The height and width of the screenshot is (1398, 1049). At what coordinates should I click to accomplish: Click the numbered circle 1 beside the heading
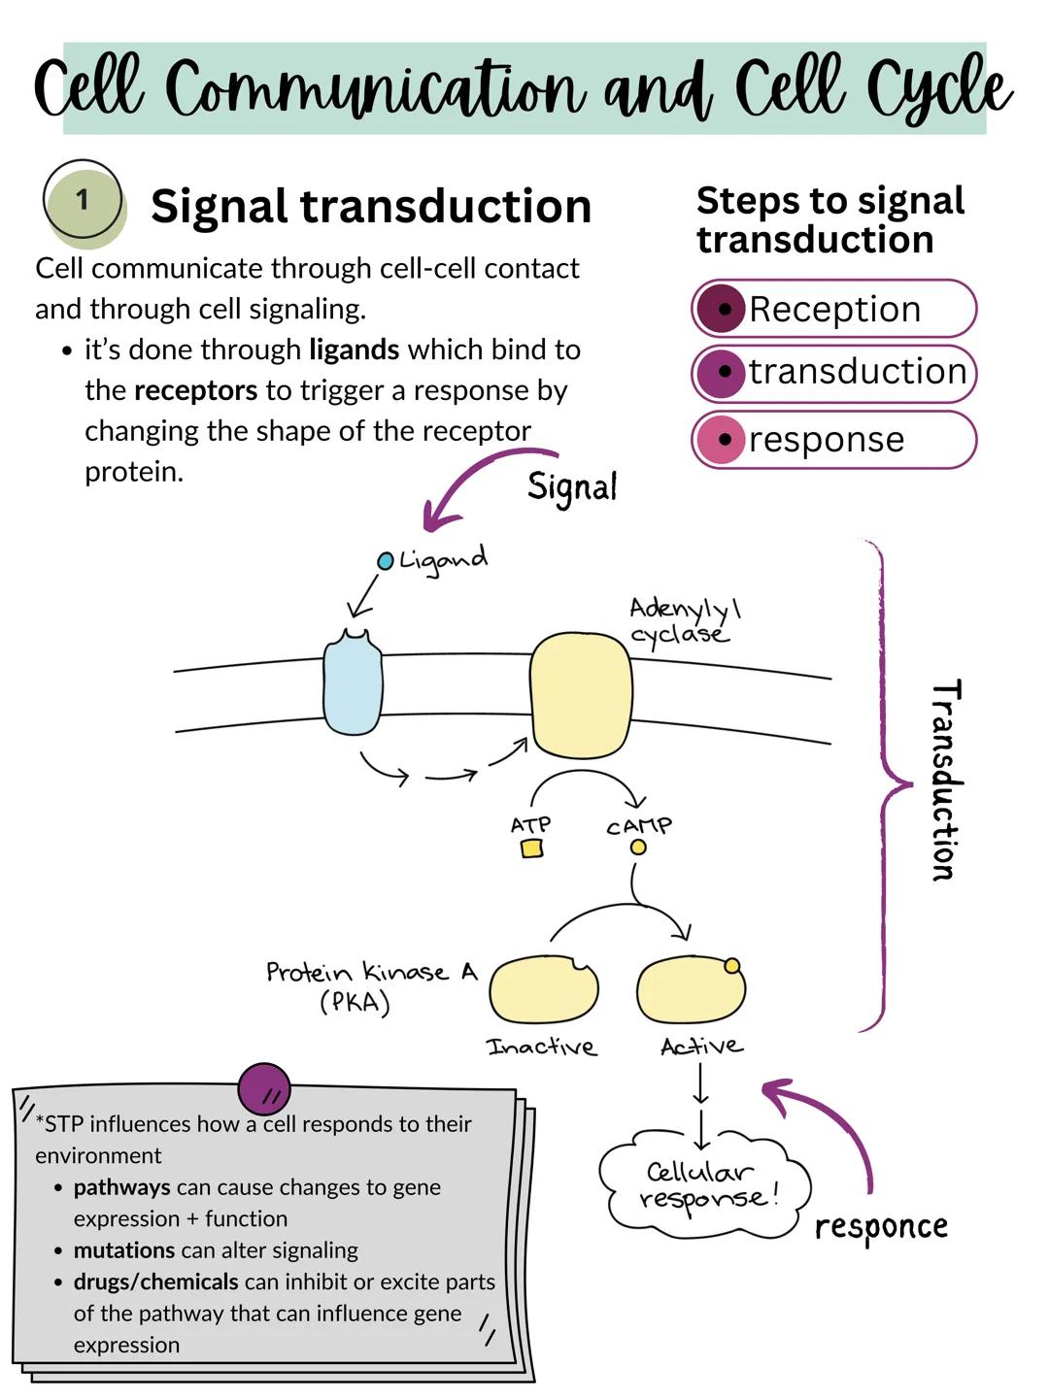[x=84, y=201]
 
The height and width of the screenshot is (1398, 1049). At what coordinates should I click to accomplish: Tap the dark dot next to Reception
[x=724, y=309]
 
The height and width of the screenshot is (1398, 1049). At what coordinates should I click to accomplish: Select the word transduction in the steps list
[x=858, y=372]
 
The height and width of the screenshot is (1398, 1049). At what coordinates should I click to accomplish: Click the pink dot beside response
[x=724, y=440]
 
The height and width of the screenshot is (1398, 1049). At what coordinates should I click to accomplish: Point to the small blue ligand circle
[x=385, y=561]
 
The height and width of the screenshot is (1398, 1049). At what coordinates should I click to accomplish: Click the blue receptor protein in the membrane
[x=352, y=684]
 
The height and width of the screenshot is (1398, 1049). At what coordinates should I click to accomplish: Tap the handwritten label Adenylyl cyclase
[x=683, y=621]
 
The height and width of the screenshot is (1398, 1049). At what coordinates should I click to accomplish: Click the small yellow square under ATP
[x=531, y=849]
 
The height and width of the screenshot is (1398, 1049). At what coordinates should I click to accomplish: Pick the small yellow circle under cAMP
[x=638, y=848]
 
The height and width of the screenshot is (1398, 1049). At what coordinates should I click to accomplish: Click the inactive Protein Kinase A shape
[x=543, y=990]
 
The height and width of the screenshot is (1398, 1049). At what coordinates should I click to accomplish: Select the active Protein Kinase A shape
[x=691, y=990]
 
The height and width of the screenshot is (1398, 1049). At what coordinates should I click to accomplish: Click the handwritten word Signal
[x=572, y=487]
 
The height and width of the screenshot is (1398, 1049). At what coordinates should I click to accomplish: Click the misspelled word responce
[x=880, y=1227]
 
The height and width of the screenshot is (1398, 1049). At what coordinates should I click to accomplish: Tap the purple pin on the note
[x=264, y=1088]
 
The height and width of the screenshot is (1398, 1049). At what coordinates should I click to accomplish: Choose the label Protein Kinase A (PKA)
[x=370, y=984]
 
